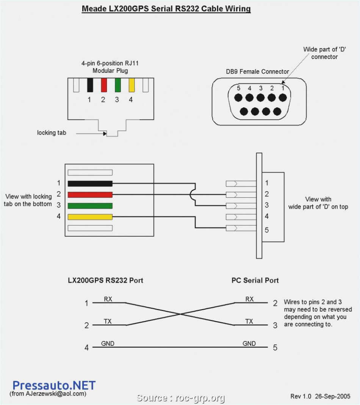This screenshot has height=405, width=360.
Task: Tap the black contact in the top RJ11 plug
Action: (90, 85)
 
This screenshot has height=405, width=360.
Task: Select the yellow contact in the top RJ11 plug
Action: (131, 85)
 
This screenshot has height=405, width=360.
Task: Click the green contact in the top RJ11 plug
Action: (117, 85)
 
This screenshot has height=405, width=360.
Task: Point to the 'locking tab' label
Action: (52, 133)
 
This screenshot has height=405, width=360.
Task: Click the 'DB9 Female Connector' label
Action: (257, 71)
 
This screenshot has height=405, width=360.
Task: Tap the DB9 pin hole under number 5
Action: (238, 97)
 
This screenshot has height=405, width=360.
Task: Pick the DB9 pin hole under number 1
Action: (282, 97)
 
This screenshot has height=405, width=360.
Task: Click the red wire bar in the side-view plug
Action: (90, 195)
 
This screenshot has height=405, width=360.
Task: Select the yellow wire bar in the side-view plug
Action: (90, 217)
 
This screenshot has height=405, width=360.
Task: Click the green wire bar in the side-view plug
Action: (90, 206)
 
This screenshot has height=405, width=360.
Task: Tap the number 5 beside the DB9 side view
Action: (267, 229)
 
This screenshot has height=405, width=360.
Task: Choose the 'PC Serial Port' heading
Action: (255, 281)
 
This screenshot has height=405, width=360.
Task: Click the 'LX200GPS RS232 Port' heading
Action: (105, 281)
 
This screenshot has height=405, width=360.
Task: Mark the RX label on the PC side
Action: (249, 299)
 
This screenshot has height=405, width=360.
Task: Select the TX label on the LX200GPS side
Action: (108, 322)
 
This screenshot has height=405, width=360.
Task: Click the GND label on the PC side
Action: (249, 344)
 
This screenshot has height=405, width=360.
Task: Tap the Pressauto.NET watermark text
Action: (54, 386)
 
